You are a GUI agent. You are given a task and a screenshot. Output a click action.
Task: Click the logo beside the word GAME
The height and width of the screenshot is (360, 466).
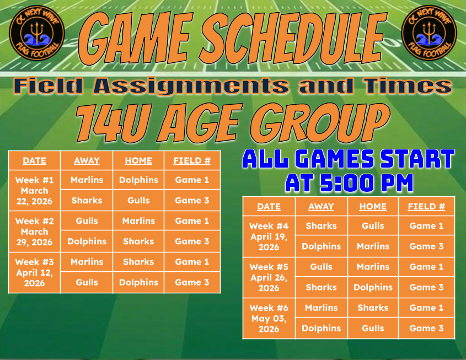[x=37, y=33]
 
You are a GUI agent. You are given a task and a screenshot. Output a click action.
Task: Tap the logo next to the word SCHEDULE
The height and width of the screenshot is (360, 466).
[x=429, y=33]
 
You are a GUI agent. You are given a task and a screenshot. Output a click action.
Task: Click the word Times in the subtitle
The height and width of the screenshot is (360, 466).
[x=408, y=86]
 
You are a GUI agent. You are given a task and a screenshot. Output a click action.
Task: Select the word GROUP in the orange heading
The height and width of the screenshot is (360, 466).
[x=320, y=122]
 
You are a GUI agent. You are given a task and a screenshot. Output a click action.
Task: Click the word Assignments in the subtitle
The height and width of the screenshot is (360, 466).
[x=191, y=87]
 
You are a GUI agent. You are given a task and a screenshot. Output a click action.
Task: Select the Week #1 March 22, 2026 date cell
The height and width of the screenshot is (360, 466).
[x=35, y=191]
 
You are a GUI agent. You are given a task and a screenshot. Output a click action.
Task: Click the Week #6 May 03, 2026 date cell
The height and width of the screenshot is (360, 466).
[x=269, y=319]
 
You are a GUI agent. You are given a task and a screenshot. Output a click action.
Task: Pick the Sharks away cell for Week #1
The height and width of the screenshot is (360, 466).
[x=87, y=201]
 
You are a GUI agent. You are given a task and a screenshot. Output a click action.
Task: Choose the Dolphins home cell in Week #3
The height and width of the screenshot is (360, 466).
[x=138, y=282]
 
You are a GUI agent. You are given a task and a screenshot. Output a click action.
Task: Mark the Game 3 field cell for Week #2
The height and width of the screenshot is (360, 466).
[x=192, y=241]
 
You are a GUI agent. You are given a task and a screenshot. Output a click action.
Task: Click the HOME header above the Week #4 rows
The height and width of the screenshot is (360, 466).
[x=373, y=206]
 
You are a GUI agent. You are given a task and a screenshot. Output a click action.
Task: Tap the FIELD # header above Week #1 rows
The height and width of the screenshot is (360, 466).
[x=192, y=160]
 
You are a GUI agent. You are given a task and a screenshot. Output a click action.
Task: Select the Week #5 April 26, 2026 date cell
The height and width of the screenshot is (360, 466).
[x=269, y=277]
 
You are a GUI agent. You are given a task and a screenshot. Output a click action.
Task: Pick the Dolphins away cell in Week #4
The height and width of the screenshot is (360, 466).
[x=322, y=246]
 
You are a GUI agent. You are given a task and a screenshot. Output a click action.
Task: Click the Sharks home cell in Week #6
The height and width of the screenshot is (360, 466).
[x=373, y=308]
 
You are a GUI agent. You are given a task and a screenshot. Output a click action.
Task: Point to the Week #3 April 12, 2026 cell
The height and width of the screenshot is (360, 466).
[x=35, y=273]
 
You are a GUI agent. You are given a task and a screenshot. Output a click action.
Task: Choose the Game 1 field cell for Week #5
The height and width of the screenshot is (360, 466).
[x=426, y=267]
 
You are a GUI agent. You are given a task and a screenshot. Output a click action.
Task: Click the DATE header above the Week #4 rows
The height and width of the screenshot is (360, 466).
[x=269, y=206]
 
